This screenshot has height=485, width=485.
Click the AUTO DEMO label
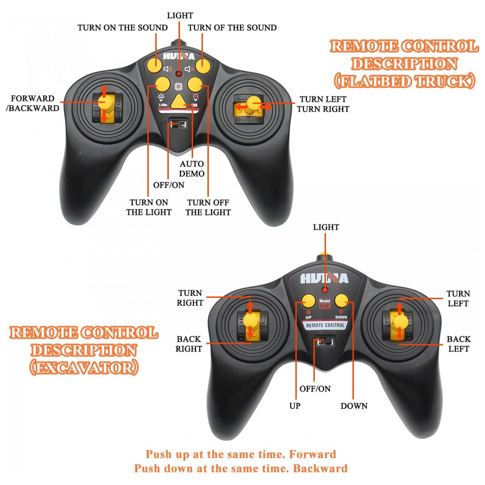pyautogui.click(x=193, y=169)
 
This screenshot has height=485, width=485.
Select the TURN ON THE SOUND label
pyautogui.click(x=123, y=28)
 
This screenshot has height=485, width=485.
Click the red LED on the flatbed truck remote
pyautogui.click(x=179, y=74)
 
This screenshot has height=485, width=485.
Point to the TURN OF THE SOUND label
pyautogui.click(x=232, y=28)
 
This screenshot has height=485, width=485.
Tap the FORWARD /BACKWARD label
pyautogui.click(x=33, y=103)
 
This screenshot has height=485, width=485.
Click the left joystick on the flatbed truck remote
pyautogui.click(x=104, y=102)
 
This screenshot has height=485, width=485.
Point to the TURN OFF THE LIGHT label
pyautogui.click(x=208, y=207)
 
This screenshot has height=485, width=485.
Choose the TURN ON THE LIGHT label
pyautogui.click(x=149, y=207)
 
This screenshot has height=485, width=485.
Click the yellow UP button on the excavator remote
pyautogui.click(x=307, y=300)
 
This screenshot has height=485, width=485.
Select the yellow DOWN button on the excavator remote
pyautogui.click(x=342, y=300)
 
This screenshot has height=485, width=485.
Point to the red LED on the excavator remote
pyautogui.click(x=324, y=290)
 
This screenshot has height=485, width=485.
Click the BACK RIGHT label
pyautogui.click(x=189, y=344)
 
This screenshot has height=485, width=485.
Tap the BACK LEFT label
pyautogui.click(x=458, y=344)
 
